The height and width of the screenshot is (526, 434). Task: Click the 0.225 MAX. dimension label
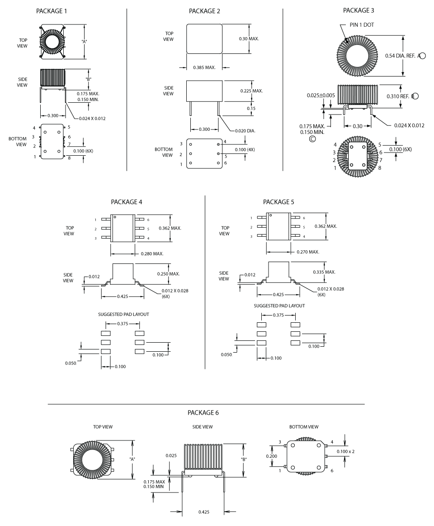coord(251,91)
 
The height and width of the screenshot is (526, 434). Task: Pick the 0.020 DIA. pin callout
coord(245,130)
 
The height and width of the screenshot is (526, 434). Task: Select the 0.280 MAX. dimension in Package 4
coord(152,254)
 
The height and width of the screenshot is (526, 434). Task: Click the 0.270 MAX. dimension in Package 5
coord(308,252)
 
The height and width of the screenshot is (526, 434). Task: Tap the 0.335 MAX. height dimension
coord(324,272)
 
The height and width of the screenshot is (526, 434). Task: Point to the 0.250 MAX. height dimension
coord(168,273)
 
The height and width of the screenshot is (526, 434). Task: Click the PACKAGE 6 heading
coord(203,413)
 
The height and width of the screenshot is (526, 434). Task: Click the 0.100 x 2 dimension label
coord(346,451)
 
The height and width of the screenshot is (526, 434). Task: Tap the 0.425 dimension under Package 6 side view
coord(204,512)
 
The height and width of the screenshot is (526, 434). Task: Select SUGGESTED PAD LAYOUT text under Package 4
coord(123,314)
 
